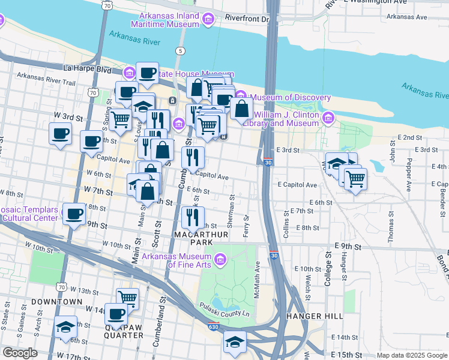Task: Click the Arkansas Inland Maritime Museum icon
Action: click(208, 20)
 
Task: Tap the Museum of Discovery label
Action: click(291, 97)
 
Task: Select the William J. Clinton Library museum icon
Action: click(328, 118)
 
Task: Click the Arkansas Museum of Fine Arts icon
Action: click(220, 259)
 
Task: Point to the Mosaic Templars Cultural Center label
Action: click(29, 214)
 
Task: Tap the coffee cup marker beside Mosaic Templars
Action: click(75, 214)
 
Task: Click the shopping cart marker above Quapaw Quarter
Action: click(127, 297)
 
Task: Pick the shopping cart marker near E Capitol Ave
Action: click(355, 178)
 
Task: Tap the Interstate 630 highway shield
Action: click(214, 328)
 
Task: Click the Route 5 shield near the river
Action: click(180, 50)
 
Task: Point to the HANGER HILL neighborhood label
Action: click(315, 316)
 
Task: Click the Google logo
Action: click(19, 353)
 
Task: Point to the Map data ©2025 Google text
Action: click(411, 355)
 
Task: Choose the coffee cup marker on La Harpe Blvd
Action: click(147, 73)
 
